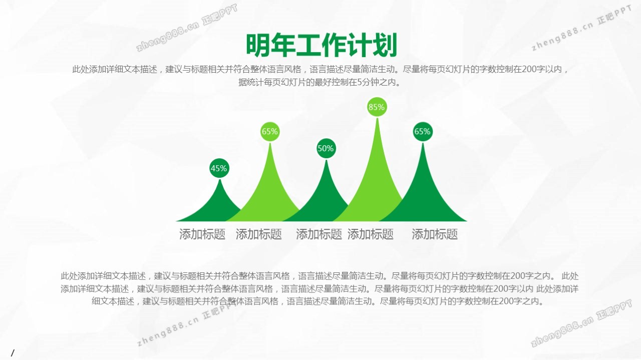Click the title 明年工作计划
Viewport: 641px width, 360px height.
(x=322, y=45)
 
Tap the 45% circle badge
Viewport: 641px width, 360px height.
(x=219, y=168)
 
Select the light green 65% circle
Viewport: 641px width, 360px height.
(x=270, y=132)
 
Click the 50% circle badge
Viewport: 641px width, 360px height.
(x=326, y=149)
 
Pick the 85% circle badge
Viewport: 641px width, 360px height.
(x=377, y=107)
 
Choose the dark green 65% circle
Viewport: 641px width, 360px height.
(x=423, y=132)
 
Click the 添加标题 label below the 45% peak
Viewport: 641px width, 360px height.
(x=202, y=234)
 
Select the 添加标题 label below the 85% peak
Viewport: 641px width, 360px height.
(x=371, y=234)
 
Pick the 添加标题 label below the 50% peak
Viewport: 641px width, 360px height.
(x=319, y=234)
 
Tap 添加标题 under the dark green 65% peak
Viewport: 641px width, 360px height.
(x=435, y=234)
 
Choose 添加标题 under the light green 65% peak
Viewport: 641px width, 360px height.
(x=259, y=234)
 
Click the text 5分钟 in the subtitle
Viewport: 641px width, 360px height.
(x=367, y=83)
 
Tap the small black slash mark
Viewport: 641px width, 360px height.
(x=13, y=353)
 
